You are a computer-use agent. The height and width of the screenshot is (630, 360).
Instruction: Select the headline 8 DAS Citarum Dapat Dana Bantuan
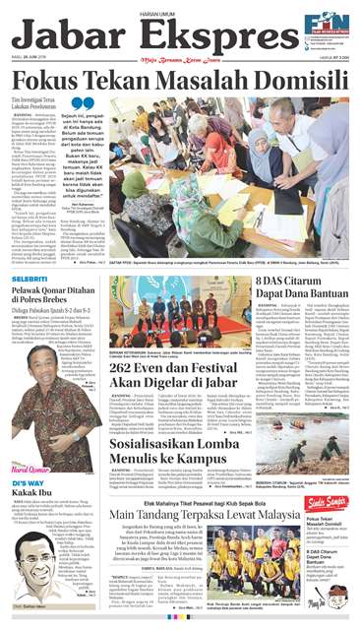coord(311,295)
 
